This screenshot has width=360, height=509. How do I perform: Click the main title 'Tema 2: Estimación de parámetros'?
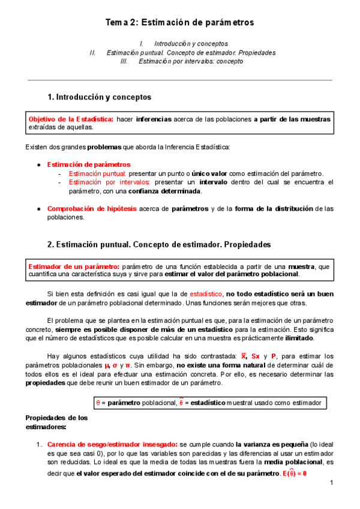coord(180,22)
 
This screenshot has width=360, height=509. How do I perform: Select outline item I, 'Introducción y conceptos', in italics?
coord(191,44)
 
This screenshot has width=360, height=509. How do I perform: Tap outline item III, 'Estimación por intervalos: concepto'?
coord(191,61)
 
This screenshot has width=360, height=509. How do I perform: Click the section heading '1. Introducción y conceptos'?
coord(99,97)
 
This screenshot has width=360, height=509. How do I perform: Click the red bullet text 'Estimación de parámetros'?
coord(88,164)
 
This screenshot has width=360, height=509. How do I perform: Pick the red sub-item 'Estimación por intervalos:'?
coord(109,182)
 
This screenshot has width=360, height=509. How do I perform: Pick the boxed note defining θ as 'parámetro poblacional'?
coord(208,403)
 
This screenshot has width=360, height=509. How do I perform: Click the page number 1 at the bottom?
coord(331,483)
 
